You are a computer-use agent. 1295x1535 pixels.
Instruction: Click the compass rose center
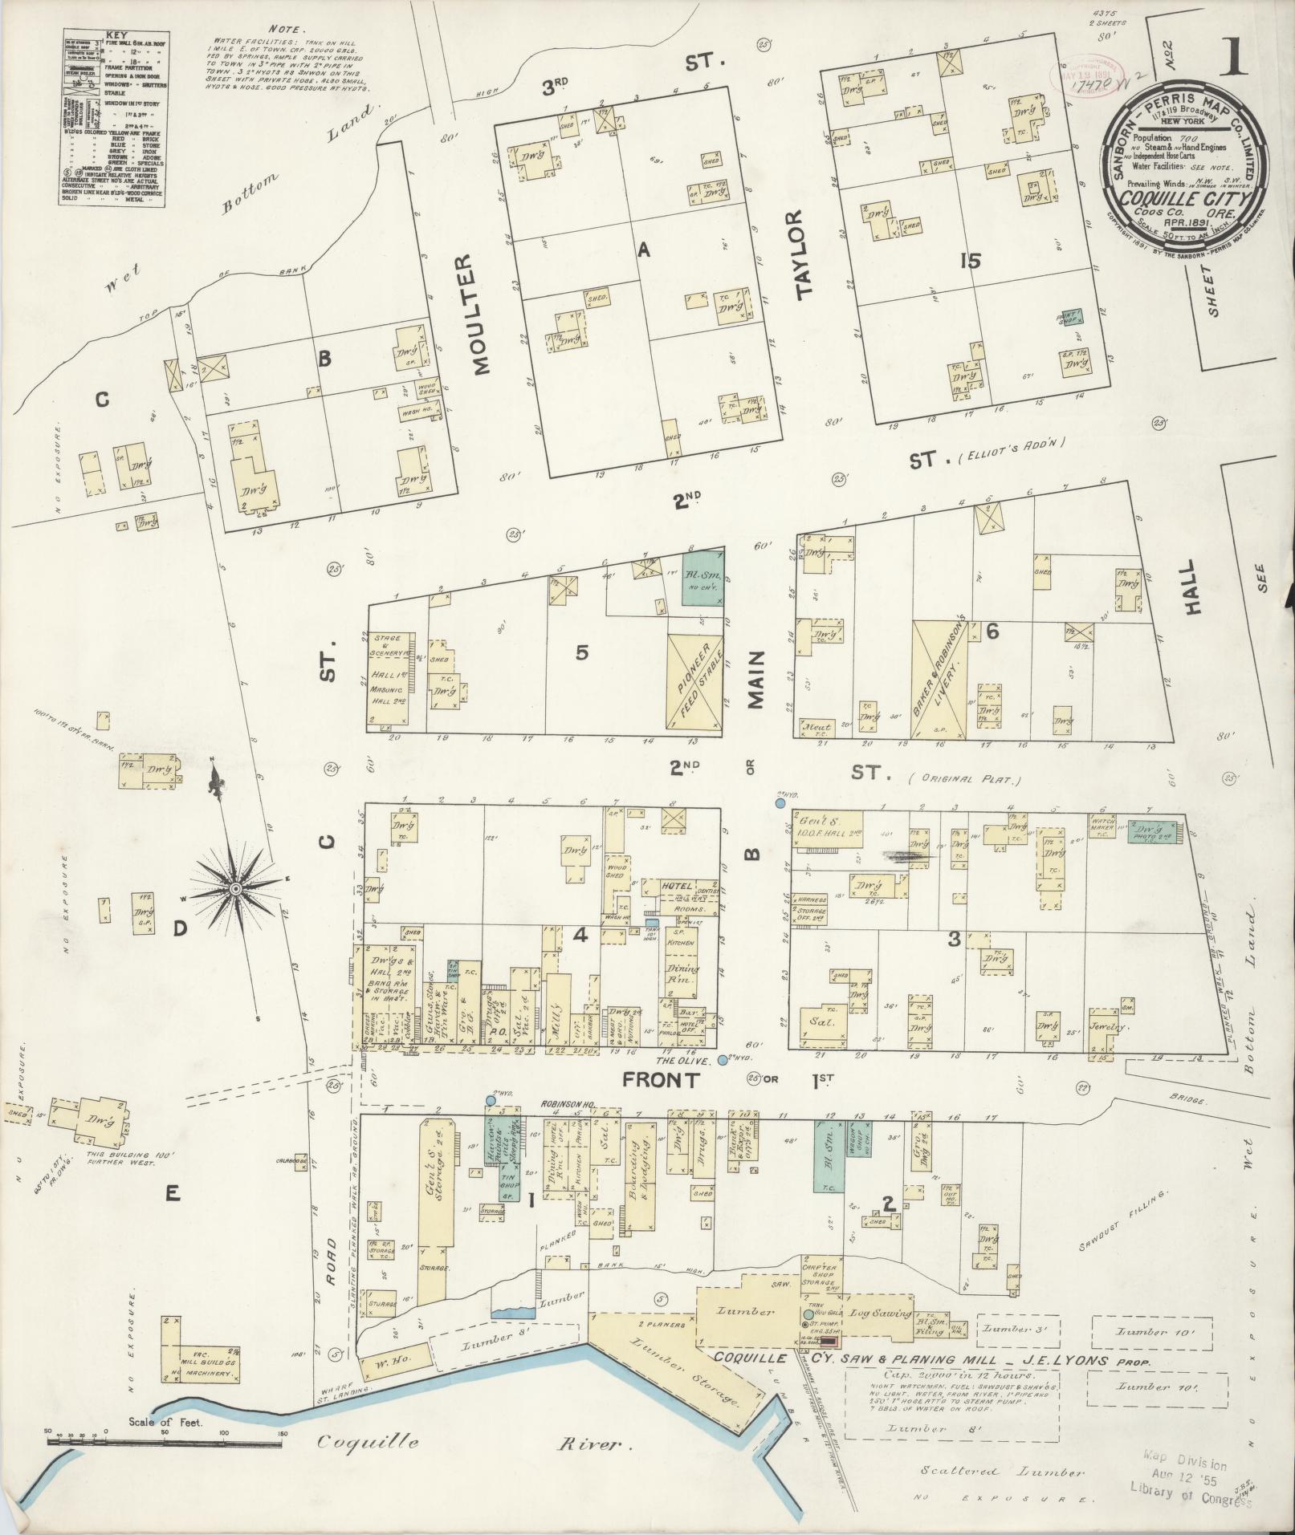tap(235, 889)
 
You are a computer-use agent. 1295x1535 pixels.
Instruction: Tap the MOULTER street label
tap(480, 315)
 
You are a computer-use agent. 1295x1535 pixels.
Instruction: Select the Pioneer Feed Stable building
tap(696, 681)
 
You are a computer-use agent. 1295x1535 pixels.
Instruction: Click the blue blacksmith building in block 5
tap(702, 578)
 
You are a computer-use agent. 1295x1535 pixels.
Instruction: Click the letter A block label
tap(642, 251)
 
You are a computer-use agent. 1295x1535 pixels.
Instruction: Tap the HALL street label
tap(1192, 588)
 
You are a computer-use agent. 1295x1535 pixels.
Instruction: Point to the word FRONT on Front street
tap(660, 1080)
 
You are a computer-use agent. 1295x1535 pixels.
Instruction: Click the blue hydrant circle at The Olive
tap(723, 1060)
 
